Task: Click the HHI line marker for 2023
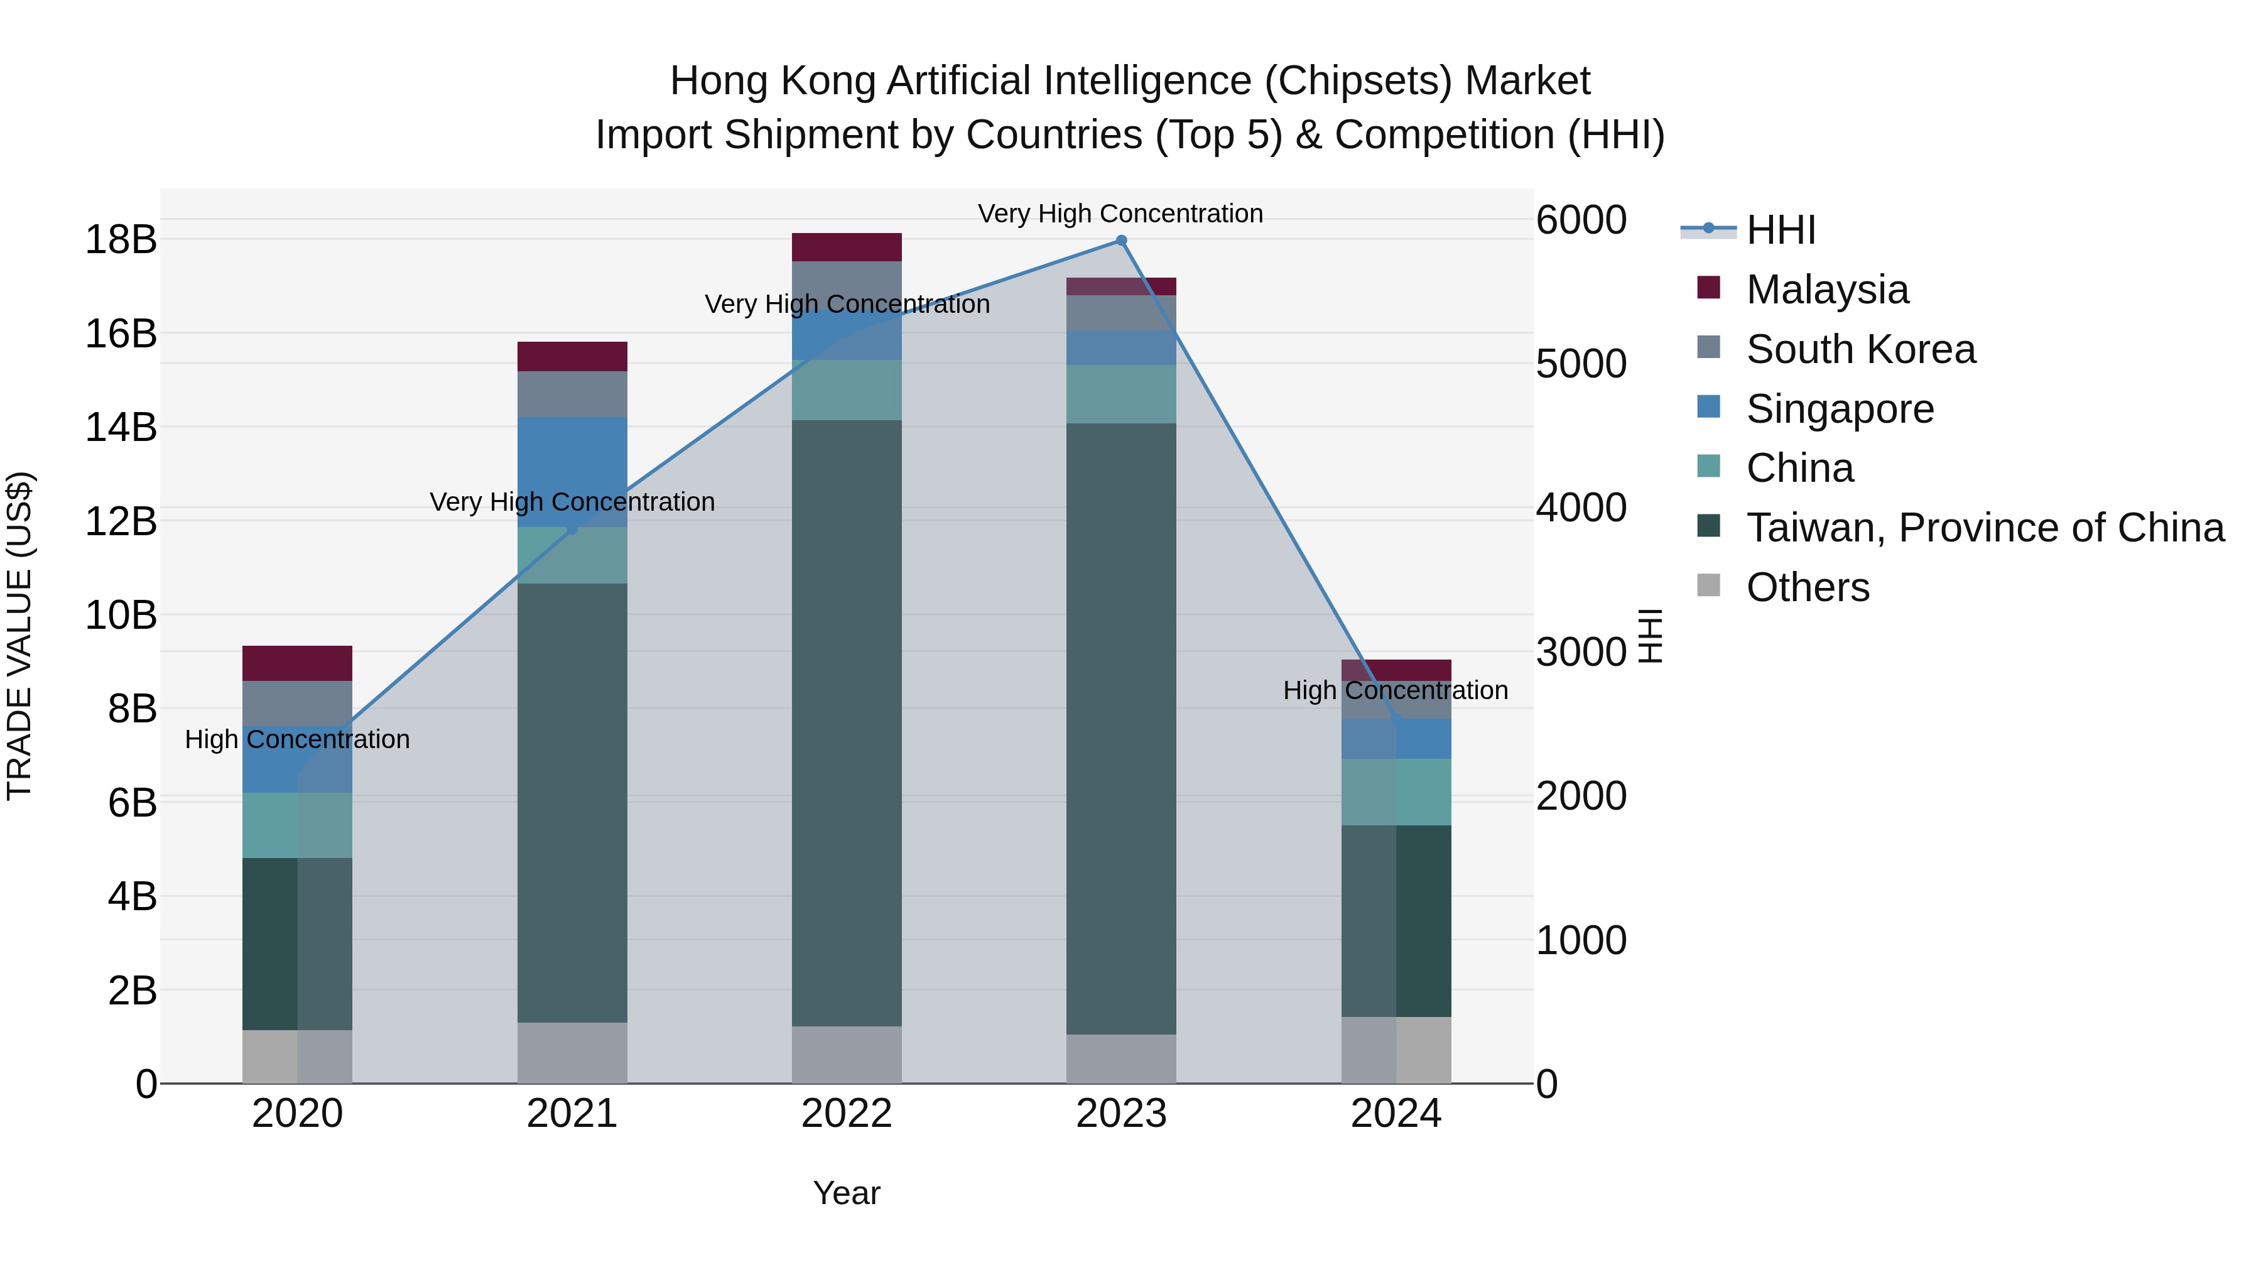[1121, 241]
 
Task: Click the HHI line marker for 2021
[572, 528]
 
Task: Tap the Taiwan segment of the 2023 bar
[1121, 729]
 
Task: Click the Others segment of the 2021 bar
[572, 1053]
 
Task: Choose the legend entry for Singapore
[1839, 409]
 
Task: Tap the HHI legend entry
[1779, 230]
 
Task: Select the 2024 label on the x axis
[1396, 1114]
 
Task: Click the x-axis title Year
[846, 1193]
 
